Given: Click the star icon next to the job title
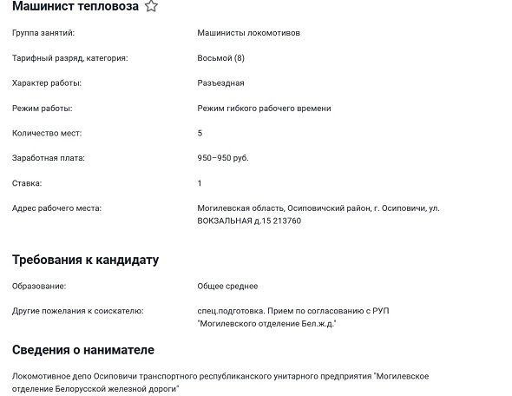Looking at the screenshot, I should (151, 7).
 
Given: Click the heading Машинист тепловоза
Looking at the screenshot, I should (75, 7).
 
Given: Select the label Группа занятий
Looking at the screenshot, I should (43, 33).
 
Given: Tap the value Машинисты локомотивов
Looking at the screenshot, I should (249, 33).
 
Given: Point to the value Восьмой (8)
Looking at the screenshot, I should (221, 58).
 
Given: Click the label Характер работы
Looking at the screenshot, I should (47, 83).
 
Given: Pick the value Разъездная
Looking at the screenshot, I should (220, 83).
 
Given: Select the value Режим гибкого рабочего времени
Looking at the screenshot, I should (264, 109).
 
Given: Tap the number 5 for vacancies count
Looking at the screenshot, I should (200, 133).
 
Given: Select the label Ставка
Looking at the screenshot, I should (27, 183).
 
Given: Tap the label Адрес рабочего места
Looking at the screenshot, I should (56, 208).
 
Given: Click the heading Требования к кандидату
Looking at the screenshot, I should (85, 260).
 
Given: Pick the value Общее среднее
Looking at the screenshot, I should (227, 286).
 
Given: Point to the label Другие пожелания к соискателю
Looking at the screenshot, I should (77, 310).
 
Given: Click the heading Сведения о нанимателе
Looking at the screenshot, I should (83, 349).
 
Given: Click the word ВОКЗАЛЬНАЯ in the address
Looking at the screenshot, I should (226, 221).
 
